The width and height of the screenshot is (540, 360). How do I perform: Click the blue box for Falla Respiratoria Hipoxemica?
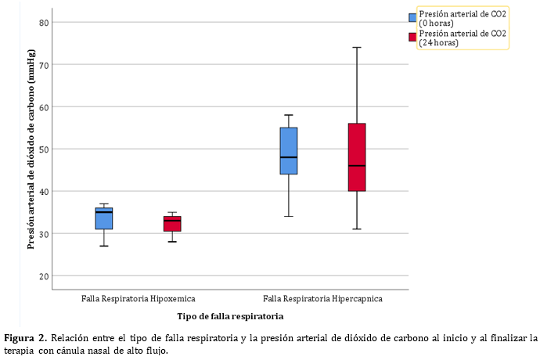pyautogui.click(x=104, y=219)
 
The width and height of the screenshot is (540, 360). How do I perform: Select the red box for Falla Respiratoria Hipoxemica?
pyautogui.click(x=172, y=224)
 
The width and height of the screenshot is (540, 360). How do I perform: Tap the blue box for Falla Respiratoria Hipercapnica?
pyautogui.click(x=289, y=151)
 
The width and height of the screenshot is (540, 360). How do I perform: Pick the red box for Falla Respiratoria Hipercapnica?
pyautogui.click(x=357, y=157)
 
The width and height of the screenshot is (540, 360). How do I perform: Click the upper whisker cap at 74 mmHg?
pyautogui.click(x=357, y=48)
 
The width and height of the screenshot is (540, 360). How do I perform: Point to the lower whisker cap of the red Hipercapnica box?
pyautogui.click(x=357, y=229)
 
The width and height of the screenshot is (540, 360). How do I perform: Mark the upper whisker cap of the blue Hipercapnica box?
pyautogui.click(x=289, y=115)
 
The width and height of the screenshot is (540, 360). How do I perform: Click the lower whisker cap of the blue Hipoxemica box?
pyautogui.click(x=104, y=246)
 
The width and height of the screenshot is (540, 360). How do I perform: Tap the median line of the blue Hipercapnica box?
pyautogui.click(x=289, y=157)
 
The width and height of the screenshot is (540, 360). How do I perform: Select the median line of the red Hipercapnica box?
pyautogui.click(x=357, y=166)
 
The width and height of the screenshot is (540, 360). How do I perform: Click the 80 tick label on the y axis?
pyautogui.click(x=45, y=23)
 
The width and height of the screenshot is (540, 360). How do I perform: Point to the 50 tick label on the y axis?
pyautogui.click(x=45, y=149)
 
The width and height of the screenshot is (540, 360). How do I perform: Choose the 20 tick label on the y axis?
pyautogui.click(x=45, y=276)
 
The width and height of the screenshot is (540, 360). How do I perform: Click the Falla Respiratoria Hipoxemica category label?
pyautogui.click(x=139, y=299)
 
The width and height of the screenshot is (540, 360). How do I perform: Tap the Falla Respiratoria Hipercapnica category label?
pyautogui.click(x=322, y=299)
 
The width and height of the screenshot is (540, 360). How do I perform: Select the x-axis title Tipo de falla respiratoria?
pyautogui.click(x=230, y=316)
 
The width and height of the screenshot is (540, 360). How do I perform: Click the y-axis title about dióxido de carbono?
pyautogui.click(x=31, y=149)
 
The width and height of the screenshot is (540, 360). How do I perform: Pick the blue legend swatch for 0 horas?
pyautogui.click(x=412, y=18)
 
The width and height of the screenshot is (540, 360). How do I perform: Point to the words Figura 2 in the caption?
pyautogui.click(x=25, y=338)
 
